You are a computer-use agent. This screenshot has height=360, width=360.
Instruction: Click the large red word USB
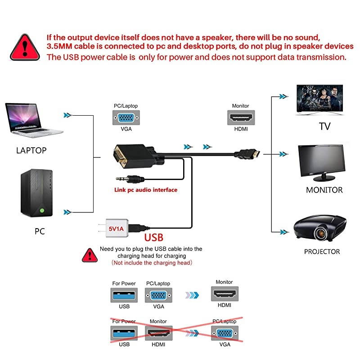pos(153,237)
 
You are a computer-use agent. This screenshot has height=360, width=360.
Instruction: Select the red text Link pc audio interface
pos(145,190)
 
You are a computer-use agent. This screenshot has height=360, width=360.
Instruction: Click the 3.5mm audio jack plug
pos(129,178)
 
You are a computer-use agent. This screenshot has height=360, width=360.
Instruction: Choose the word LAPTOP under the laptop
pos(31,150)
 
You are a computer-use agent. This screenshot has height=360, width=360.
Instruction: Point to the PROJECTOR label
pos(322,252)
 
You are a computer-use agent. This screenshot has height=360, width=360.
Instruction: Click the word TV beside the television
pos(325,126)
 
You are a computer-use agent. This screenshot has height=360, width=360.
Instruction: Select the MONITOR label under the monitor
pos(324,190)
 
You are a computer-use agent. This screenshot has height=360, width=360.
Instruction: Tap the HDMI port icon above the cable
pos(240,118)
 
